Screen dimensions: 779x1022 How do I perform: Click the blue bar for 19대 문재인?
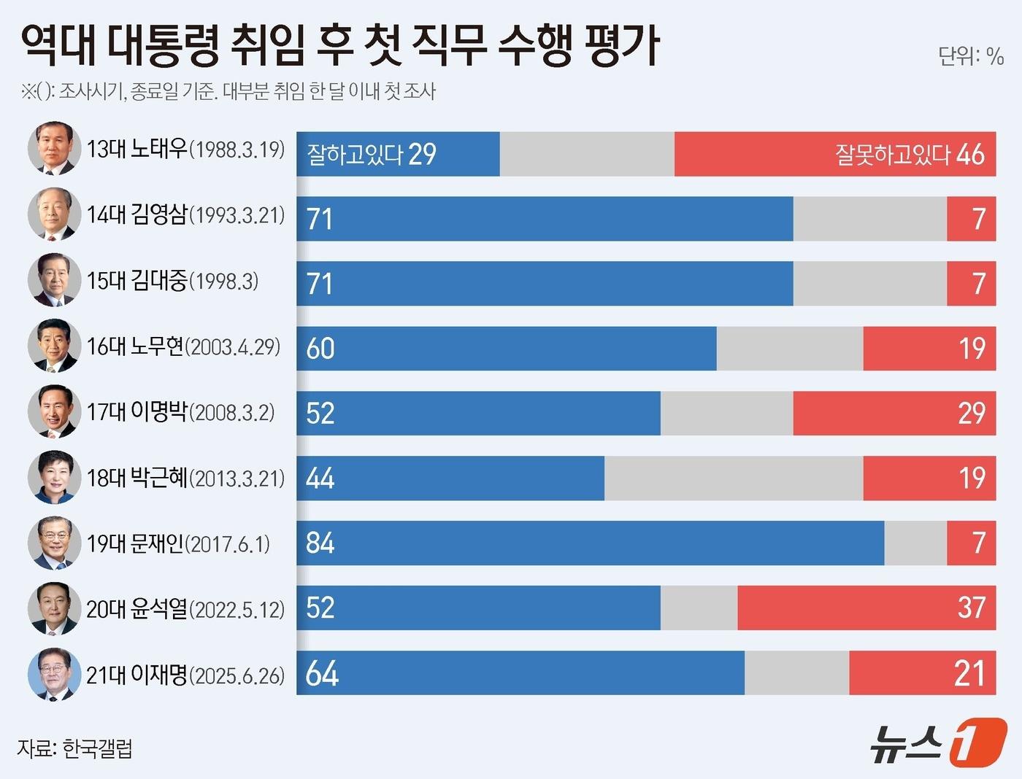pos(590,543)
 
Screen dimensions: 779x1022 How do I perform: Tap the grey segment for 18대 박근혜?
pos(733,478)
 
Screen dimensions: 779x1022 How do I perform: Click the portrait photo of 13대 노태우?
pos(54,148)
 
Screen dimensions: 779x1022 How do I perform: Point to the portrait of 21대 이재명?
pos(54,674)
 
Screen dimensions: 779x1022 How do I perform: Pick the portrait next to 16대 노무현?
pos(54,346)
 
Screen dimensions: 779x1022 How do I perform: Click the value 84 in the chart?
pos(320,543)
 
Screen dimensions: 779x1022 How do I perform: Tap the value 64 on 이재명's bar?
pos(322,673)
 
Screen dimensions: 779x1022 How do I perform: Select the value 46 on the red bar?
pos(970,155)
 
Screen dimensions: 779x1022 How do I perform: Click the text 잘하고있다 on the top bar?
pos(355,155)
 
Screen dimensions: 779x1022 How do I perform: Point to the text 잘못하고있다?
pos(892,155)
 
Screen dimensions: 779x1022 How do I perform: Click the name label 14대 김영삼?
pos(137,214)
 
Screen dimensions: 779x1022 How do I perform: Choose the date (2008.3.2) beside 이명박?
pos(232,413)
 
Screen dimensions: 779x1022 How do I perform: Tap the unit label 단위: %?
pos(970,55)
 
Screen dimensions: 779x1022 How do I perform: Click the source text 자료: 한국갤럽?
pos(74,748)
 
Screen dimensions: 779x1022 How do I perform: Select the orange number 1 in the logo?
pos(977,743)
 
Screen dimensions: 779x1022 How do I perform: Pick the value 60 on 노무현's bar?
pos(320,349)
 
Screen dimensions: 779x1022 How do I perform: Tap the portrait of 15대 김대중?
pos(54,280)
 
